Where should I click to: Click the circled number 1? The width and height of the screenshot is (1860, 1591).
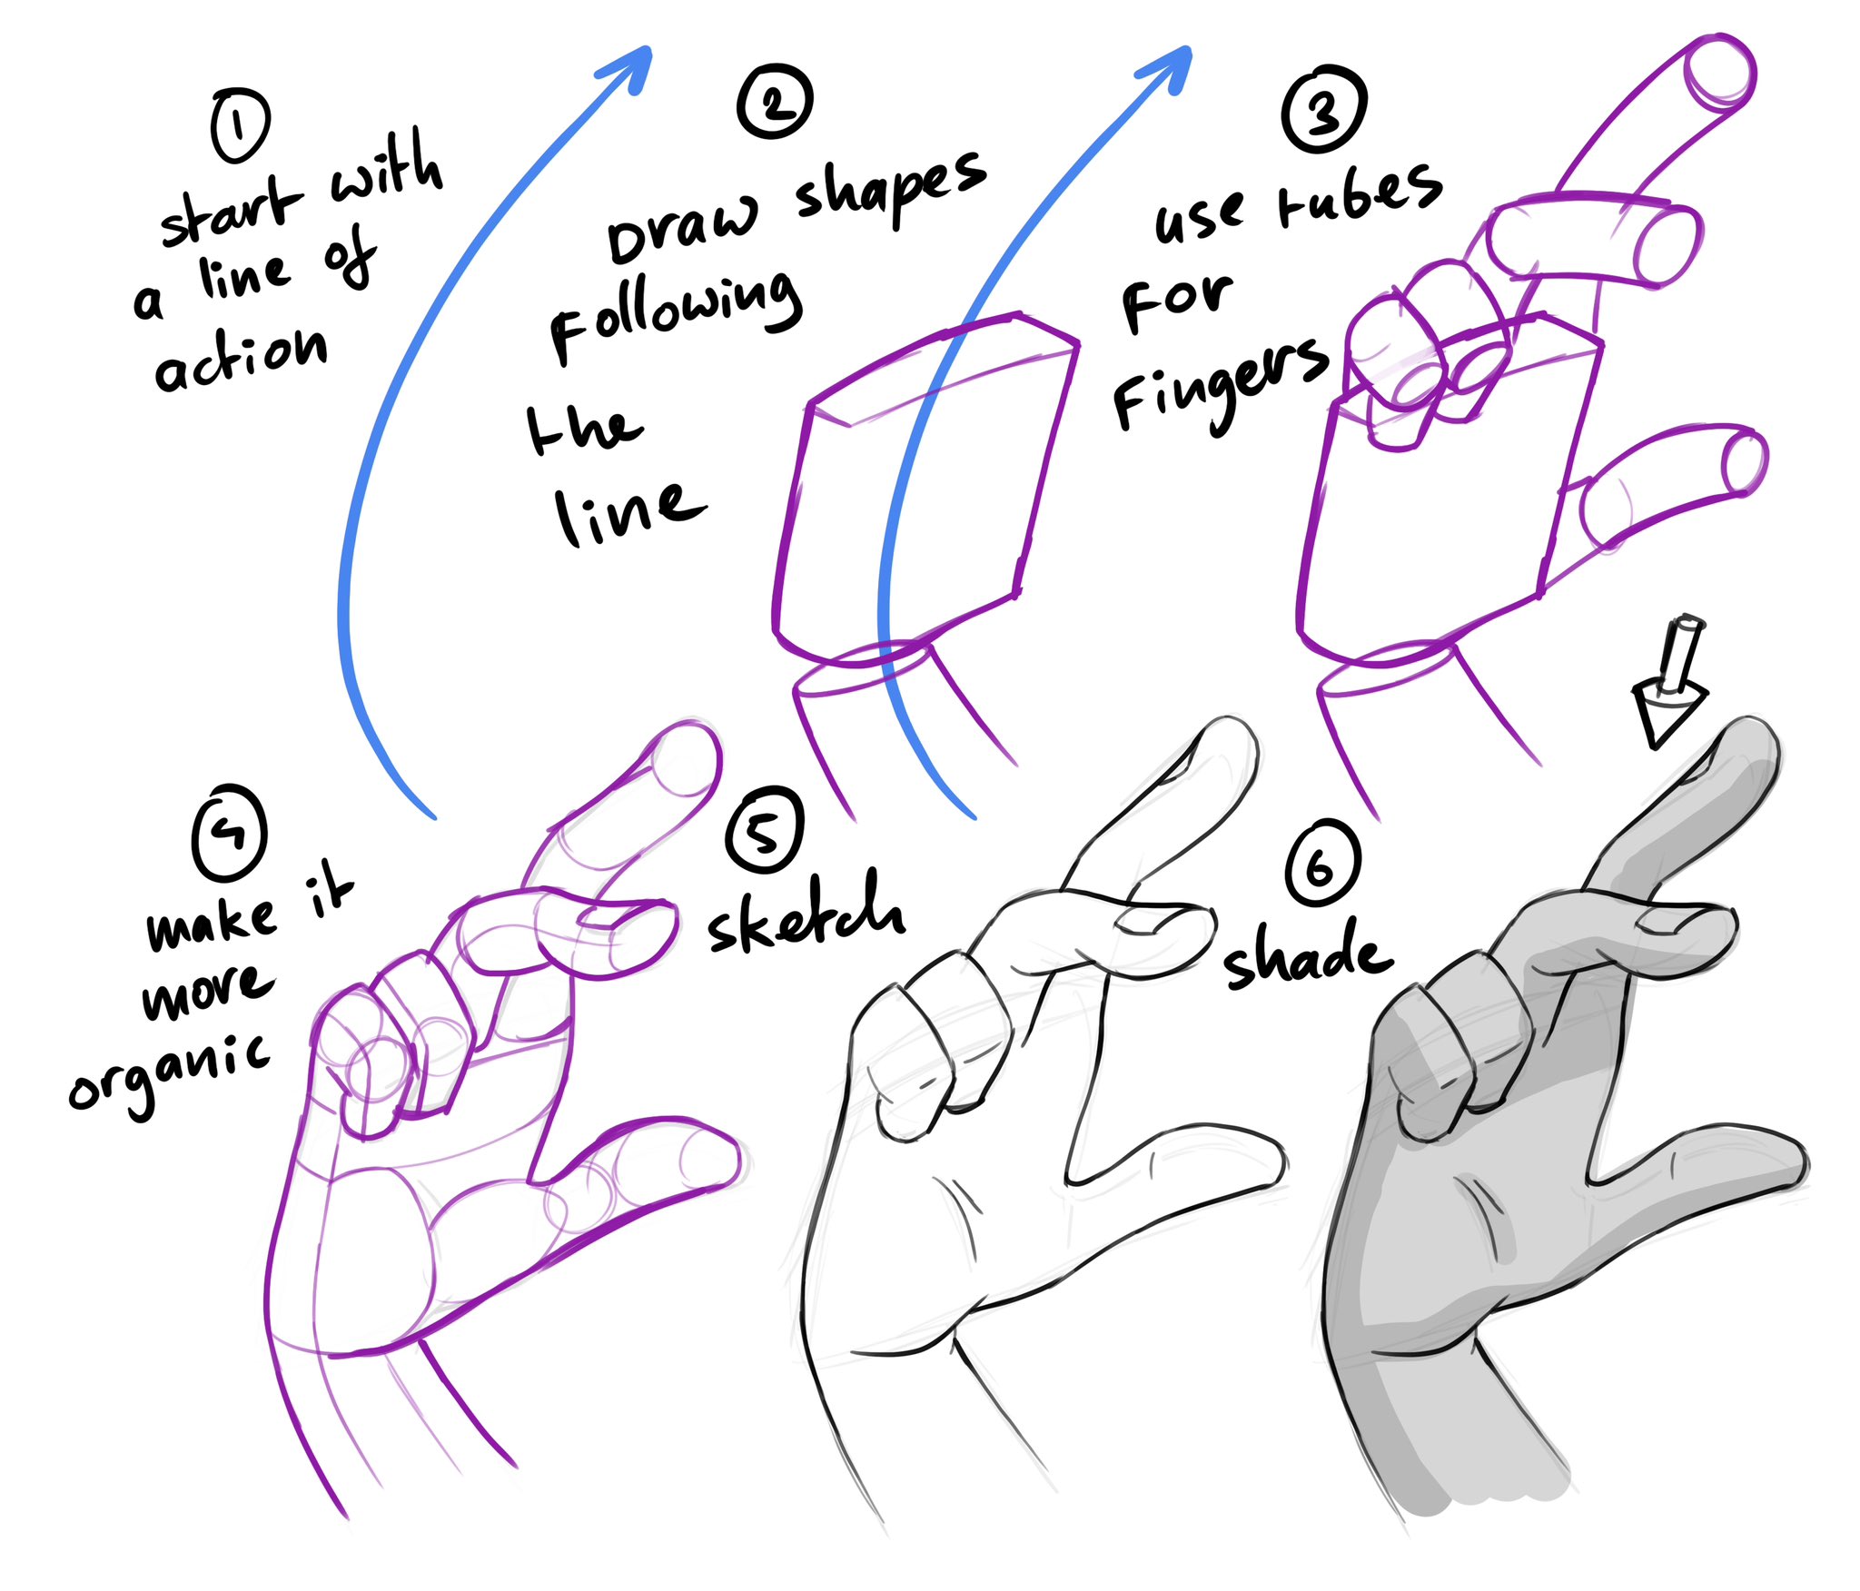240,126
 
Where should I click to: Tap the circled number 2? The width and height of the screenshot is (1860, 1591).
775,102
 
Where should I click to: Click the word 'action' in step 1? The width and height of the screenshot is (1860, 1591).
241,358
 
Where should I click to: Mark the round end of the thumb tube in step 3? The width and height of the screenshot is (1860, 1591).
1744,463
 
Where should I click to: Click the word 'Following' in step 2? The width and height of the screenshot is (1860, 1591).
676,314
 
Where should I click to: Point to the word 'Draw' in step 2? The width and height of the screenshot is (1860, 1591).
681,232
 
